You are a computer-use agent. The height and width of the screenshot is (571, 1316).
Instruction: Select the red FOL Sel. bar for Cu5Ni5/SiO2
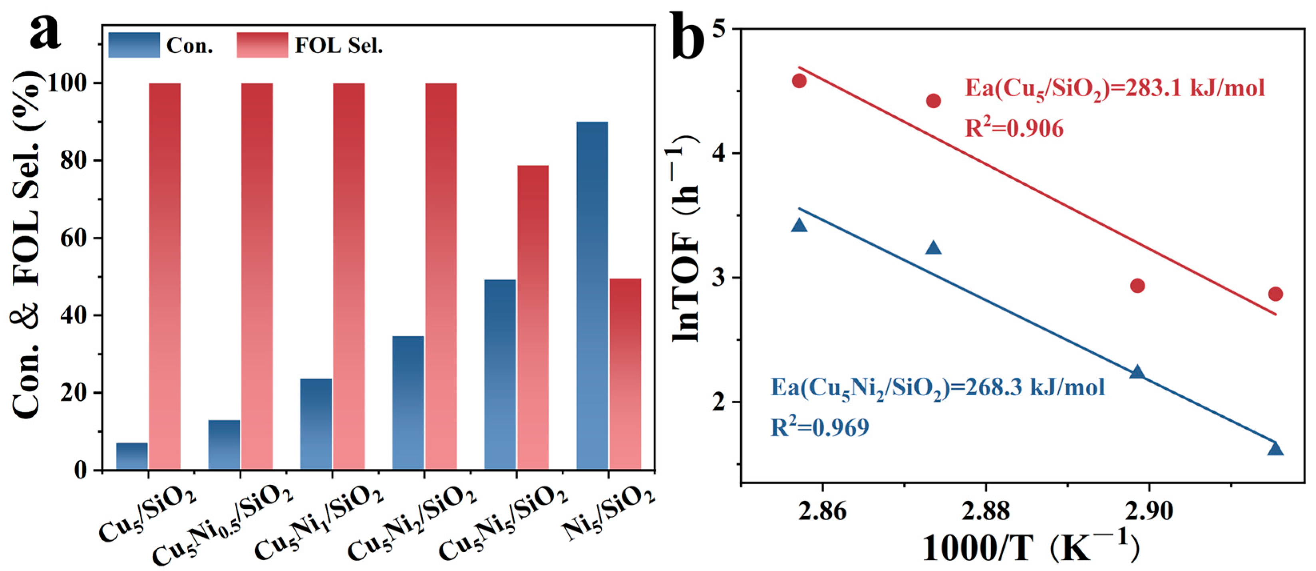coord(533,317)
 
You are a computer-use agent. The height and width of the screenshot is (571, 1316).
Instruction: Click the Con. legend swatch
coord(134,45)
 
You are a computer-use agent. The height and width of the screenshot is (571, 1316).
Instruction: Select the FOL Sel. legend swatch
coord(262,45)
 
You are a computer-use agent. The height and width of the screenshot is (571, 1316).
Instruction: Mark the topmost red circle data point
coord(799,81)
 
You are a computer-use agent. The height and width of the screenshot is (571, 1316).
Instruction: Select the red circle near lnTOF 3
coord(1137,285)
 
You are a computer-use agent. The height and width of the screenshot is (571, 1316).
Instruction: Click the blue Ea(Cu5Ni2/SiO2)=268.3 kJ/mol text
coord(937,388)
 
